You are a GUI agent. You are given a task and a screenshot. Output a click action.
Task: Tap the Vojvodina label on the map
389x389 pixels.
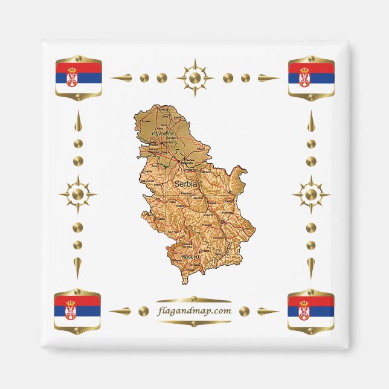pyautogui.click(x=162, y=133)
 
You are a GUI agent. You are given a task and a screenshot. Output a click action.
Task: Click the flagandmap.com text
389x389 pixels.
pyautogui.click(x=194, y=311)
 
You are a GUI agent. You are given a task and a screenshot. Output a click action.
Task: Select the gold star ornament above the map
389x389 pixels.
pyautogui.click(x=194, y=78)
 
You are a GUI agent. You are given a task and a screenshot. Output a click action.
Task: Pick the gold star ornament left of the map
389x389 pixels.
pyautogui.click(x=77, y=194)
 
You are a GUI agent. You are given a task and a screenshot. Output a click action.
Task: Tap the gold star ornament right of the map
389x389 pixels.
pyautogui.click(x=310, y=194)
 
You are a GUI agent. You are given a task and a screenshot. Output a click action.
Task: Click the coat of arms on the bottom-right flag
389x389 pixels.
pyautogui.click(x=304, y=310)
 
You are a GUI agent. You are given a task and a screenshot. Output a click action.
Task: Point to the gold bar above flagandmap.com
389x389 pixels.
pyautogui.click(x=194, y=300)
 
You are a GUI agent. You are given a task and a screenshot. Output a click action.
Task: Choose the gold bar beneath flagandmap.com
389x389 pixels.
pyautogui.click(x=194, y=323)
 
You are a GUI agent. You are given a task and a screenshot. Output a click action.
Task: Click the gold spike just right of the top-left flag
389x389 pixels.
pyautogui.click(x=121, y=78)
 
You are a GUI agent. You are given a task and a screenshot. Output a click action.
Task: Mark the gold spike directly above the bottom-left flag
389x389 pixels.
pyautogui.click(x=77, y=266)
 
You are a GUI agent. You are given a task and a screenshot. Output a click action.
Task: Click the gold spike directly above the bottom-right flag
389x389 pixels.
pyautogui.click(x=310, y=266)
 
